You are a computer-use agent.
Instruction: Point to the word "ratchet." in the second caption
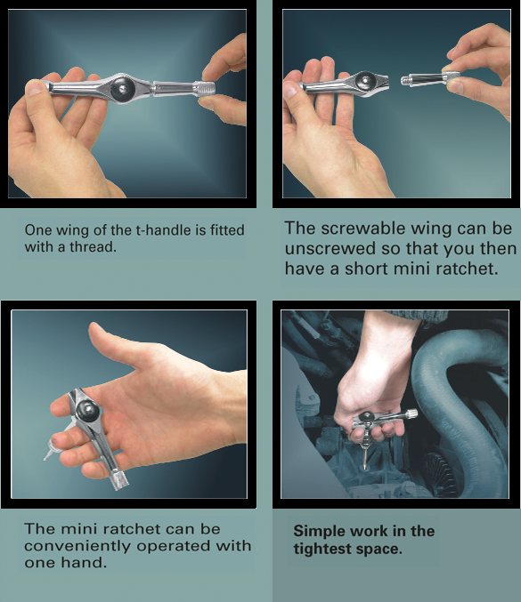pyautogui.click(x=467, y=269)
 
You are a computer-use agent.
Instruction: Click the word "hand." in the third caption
pyautogui.click(x=84, y=563)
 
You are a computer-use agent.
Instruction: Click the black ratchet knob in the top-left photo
pyautogui.click(x=122, y=89)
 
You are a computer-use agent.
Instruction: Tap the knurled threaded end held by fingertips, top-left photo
pyautogui.click(x=205, y=89)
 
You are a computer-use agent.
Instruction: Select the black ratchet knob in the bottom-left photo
pyautogui.click(x=87, y=410)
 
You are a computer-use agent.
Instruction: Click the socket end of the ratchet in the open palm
pyautogui.click(x=118, y=481)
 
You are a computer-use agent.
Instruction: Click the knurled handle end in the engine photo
pyautogui.click(x=411, y=414)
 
